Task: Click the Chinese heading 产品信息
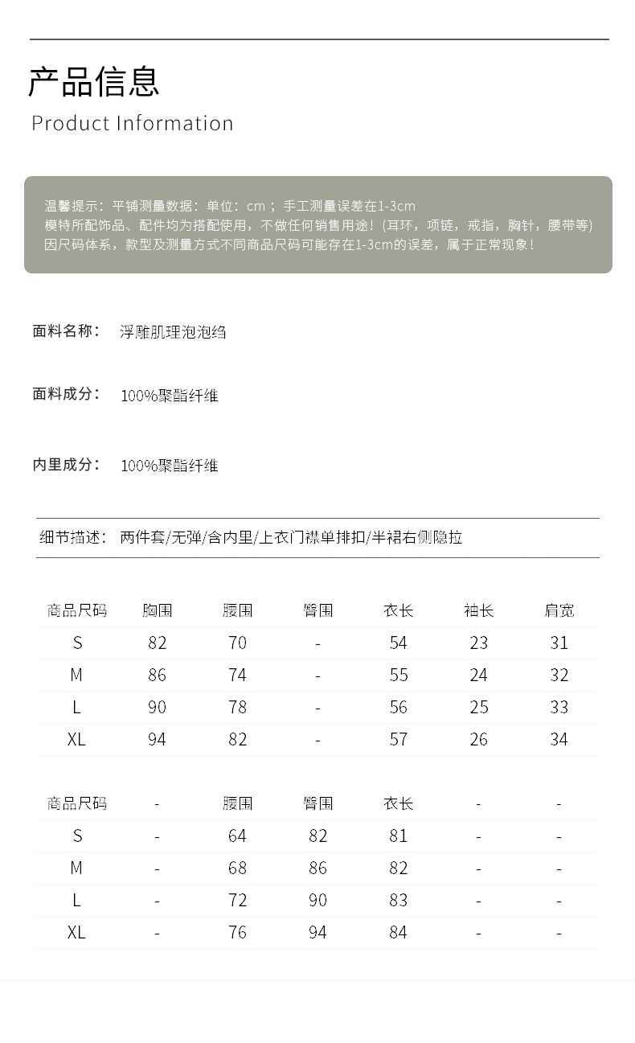coord(94,81)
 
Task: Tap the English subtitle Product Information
coord(133,123)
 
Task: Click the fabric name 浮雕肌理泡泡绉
coord(173,331)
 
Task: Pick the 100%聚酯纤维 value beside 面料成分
coord(170,395)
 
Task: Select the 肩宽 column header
coord(559,610)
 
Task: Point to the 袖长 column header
coord(479,610)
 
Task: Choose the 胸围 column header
coord(158,610)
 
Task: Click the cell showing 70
coord(237,643)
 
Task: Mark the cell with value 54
coord(399,643)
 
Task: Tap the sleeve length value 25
coord(479,707)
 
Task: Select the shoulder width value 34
coord(559,739)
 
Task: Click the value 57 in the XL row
coord(399,739)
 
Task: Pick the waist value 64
coord(237,836)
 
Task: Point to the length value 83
coord(399,900)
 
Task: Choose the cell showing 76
coord(237,932)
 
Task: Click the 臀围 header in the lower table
coord(318,803)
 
